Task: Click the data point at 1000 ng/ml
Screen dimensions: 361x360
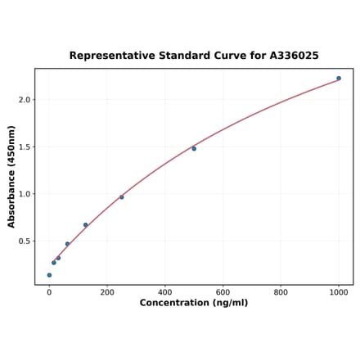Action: (x=339, y=79)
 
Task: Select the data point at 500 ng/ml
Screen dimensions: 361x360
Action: (x=194, y=148)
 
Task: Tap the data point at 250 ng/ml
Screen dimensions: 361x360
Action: (x=122, y=197)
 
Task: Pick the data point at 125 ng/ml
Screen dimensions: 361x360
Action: (x=85, y=225)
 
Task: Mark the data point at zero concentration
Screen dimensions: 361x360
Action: (x=49, y=275)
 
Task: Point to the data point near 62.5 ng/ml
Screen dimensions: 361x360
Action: (x=67, y=244)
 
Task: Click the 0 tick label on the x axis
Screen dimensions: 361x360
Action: (x=49, y=292)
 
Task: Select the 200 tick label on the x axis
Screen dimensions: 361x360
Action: (x=107, y=292)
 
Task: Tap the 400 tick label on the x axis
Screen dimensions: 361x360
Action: (x=165, y=292)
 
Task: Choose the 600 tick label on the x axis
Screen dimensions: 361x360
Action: (x=223, y=292)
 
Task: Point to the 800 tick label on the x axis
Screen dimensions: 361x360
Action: (x=281, y=292)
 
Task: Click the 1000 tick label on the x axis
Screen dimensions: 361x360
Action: (x=339, y=292)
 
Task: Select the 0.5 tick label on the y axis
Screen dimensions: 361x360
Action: (x=24, y=241)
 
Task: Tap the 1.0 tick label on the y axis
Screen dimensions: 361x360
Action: (x=24, y=194)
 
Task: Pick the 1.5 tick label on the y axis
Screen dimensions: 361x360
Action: (x=24, y=147)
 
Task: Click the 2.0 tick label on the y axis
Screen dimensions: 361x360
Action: (x=24, y=100)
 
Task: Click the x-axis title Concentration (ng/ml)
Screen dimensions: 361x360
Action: (x=194, y=303)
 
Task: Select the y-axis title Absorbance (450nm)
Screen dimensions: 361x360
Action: (x=11, y=177)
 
